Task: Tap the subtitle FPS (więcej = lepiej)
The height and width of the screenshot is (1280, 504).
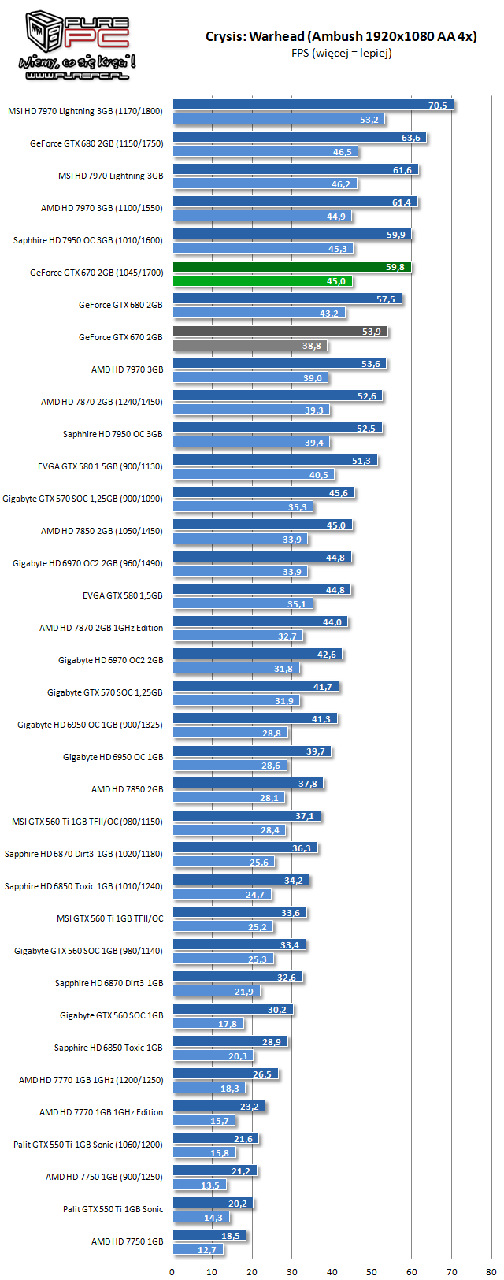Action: click(x=341, y=53)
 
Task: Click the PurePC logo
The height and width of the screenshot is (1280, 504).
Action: click(x=77, y=46)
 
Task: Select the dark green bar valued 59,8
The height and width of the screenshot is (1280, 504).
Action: click(x=291, y=267)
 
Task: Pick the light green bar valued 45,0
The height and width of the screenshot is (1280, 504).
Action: click(x=262, y=281)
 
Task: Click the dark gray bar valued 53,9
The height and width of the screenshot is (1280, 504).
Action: click(x=280, y=332)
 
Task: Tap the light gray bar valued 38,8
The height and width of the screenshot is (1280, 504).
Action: click(x=250, y=346)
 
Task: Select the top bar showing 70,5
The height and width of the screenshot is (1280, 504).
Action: click(x=313, y=106)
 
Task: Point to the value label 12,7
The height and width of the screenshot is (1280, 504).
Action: click(x=206, y=1250)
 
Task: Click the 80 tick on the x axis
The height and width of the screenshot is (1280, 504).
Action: click(x=491, y=1271)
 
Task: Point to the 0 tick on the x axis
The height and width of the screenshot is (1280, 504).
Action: click(x=172, y=1271)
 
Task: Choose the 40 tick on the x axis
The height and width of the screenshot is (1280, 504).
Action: click(x=332, y=1271)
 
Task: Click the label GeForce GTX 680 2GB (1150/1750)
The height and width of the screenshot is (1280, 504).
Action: click(x=96, y=143)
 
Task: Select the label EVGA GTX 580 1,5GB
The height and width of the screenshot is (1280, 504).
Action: click(x=122, y=595)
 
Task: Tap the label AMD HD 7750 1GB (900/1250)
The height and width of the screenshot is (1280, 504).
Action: click(x=104, y=1177)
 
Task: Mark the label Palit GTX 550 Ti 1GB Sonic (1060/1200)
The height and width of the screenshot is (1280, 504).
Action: click(x=88, y=1145)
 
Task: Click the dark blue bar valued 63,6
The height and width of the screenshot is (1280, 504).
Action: click(x=299, y=138)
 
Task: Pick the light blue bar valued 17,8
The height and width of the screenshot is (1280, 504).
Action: click(x=208, y=1024)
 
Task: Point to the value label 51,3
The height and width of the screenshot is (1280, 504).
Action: click(x=361, y=461)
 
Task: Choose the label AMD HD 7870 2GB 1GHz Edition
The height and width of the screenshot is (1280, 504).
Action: click(x=101, y=628)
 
